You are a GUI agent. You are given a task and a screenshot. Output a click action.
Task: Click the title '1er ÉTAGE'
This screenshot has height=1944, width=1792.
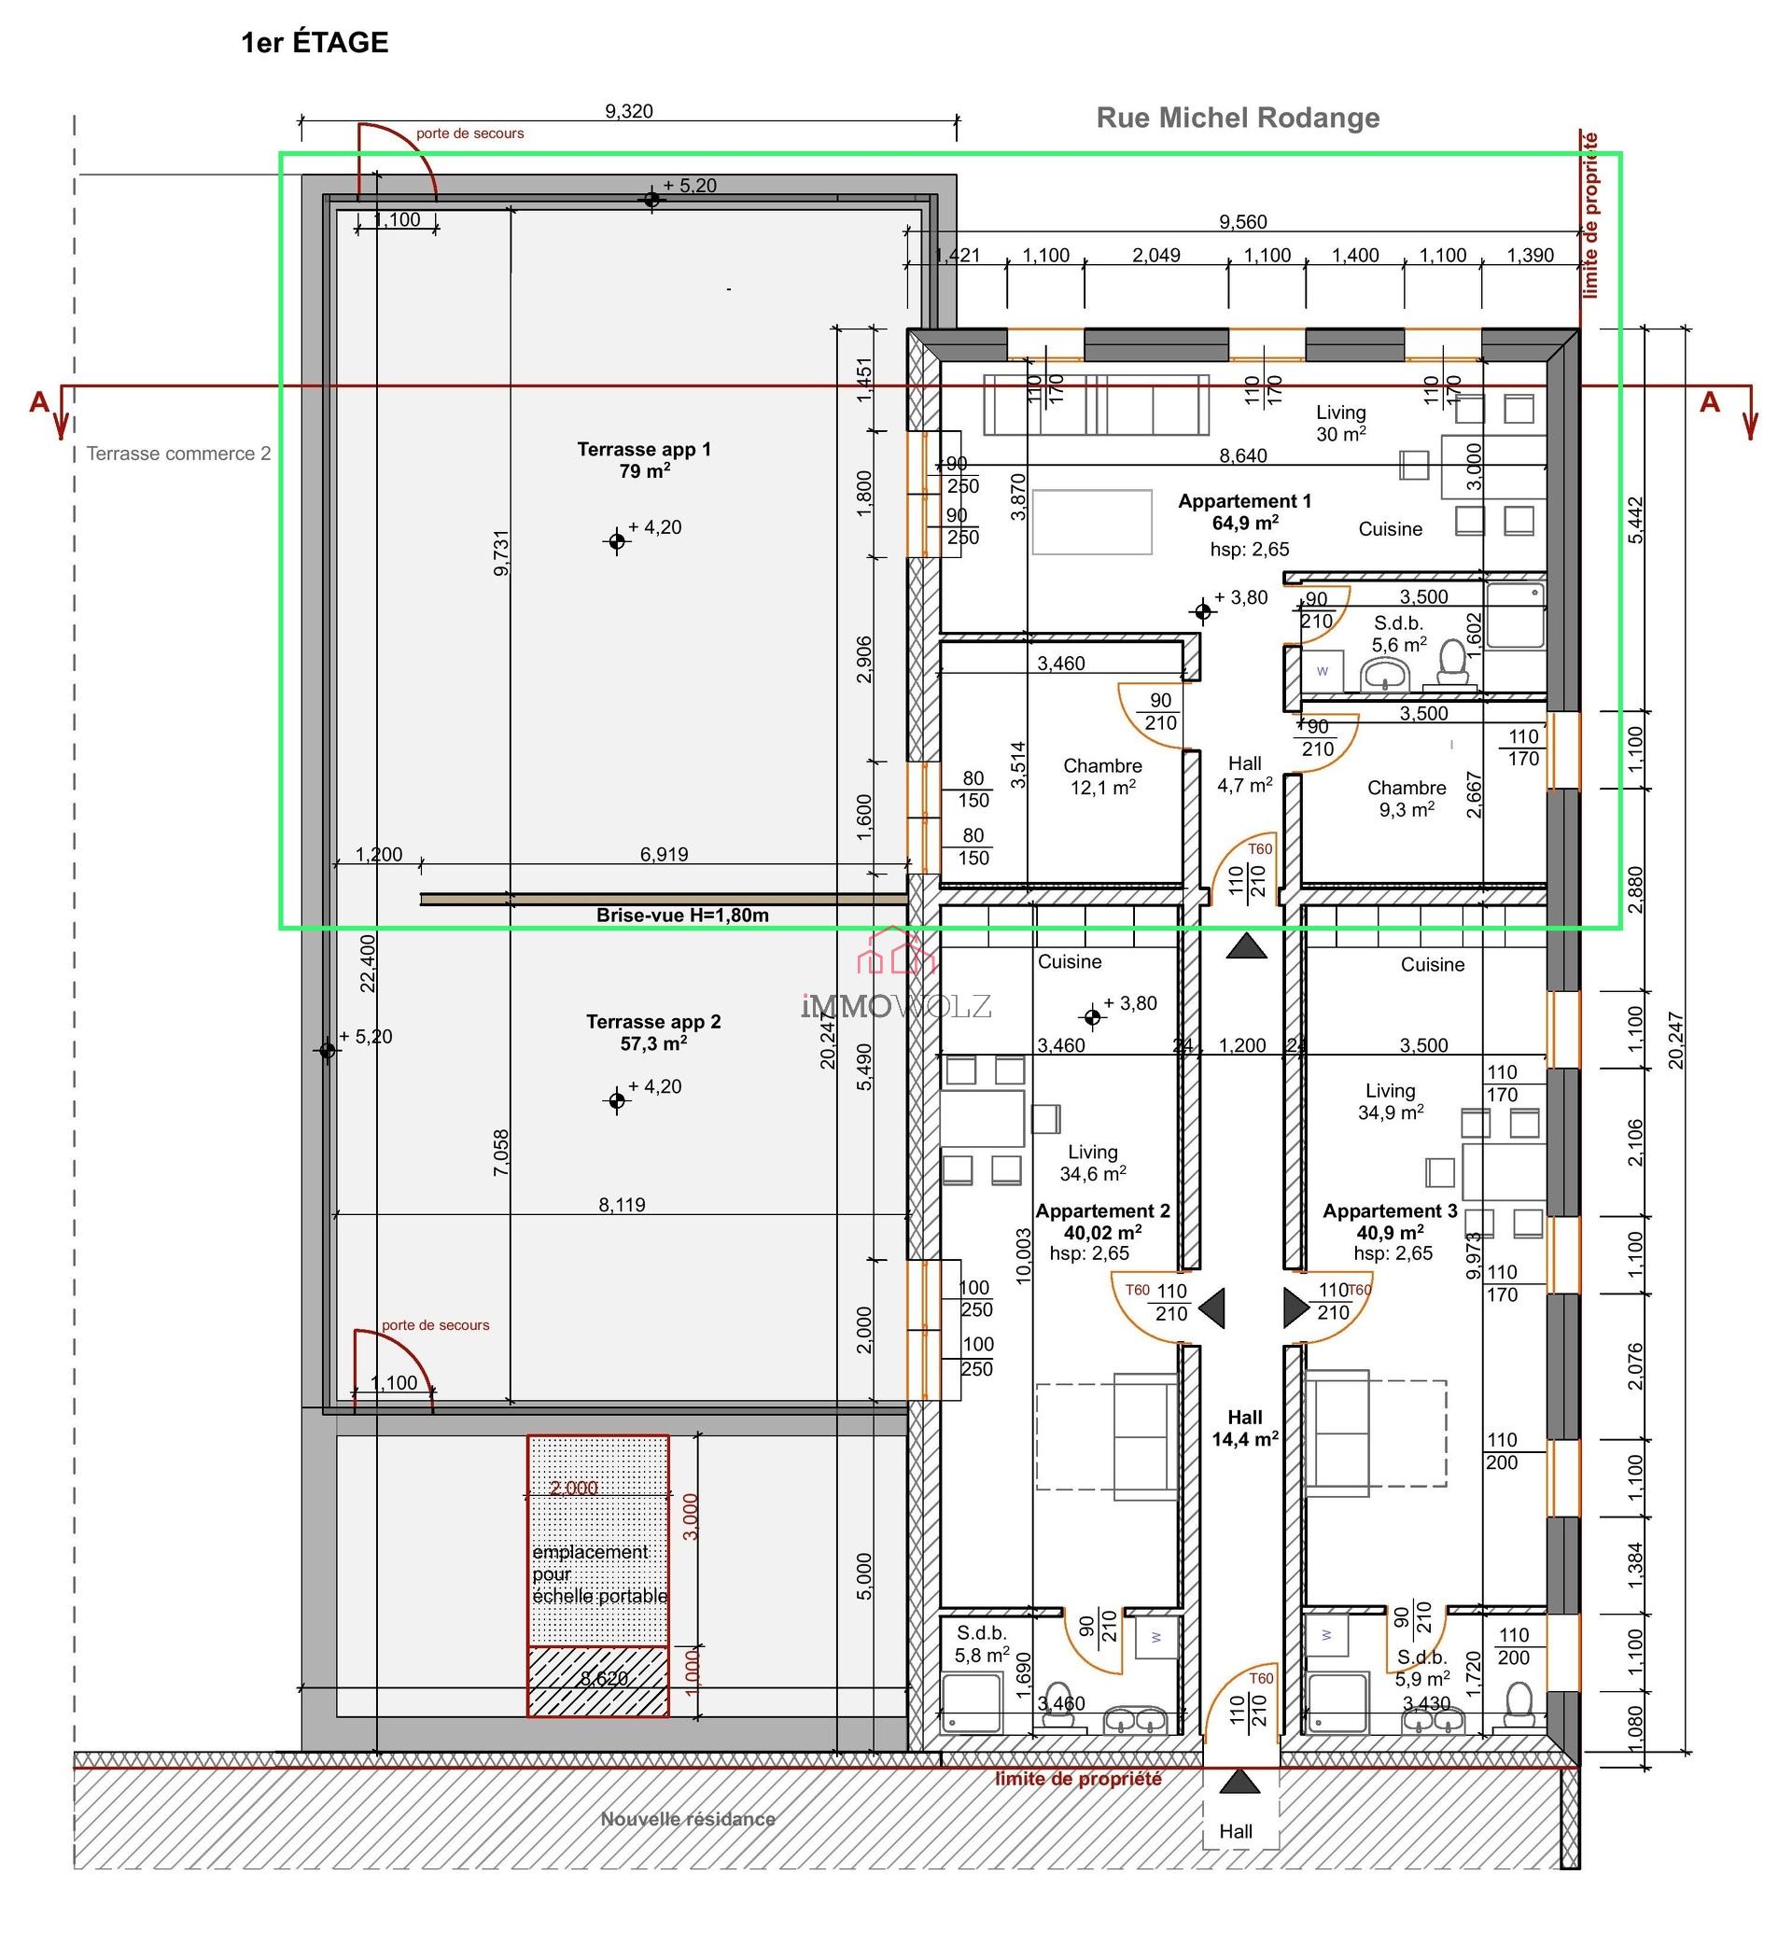point(315,43)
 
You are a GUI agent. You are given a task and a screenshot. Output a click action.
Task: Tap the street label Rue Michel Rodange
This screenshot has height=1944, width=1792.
point(1238,118)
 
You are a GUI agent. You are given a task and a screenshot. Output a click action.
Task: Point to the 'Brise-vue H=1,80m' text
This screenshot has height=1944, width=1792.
point(681,916)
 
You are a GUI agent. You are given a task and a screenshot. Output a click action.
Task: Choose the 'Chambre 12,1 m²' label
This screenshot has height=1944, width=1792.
point(1102,776)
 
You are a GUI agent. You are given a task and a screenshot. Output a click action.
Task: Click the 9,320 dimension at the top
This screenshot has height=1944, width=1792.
point(628,111)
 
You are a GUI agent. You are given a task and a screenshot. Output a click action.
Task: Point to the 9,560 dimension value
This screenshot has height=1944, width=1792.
point(1242,222)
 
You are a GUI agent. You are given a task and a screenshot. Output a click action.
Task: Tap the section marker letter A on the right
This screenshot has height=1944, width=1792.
point(1710,402)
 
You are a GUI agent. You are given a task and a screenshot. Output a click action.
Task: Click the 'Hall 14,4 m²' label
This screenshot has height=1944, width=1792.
point(1244,1428)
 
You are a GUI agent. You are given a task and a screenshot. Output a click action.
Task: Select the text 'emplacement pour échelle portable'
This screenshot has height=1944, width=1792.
point(598,1573)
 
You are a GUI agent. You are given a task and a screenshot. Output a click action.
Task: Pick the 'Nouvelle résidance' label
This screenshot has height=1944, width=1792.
point(688,1819)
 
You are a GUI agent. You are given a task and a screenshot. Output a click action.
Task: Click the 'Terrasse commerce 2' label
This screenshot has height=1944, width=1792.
point(178,454)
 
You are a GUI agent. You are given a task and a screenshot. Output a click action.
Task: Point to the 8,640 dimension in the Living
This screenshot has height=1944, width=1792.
point(1242,455)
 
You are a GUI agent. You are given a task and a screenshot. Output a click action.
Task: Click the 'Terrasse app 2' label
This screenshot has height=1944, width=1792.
point(652,1032)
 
